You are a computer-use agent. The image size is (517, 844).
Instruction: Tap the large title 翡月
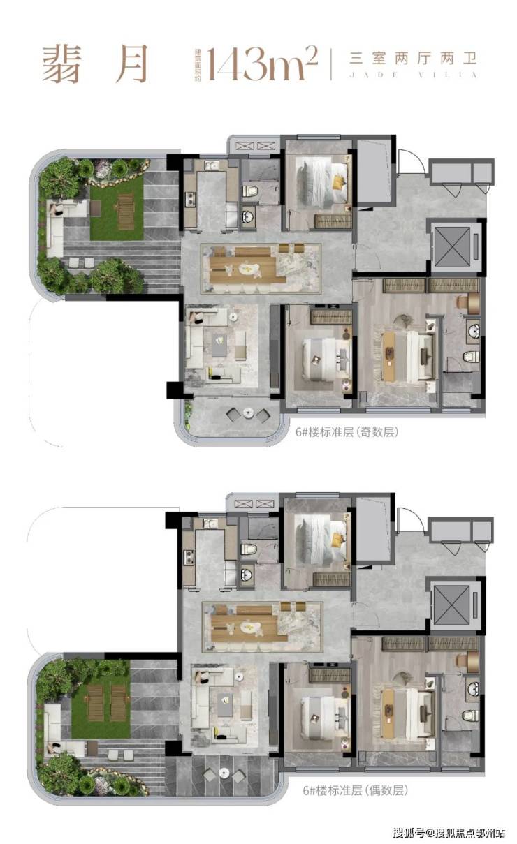pyautogui.click(x=95, y=64)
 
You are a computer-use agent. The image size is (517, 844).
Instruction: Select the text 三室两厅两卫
pyautogui.click(x=414, y=59)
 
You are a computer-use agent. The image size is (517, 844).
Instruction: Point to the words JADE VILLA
pyautogui.click(x=414, y=75)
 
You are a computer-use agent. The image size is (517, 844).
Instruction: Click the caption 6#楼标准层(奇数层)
pyautogui.click(x=347, y=432)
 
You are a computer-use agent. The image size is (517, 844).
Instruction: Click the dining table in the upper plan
pyautogui.click(x=247, y=269)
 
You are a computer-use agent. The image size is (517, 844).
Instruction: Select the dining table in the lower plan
pyautogui.click(x=249, y=628)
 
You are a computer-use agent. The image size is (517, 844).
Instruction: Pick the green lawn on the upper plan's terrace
pyautogui.click(x=117, y=208)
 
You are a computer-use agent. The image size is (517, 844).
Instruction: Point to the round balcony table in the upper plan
pyautogui.click(x=248, y=413)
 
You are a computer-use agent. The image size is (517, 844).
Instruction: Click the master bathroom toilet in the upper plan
pyautogui.click(x=471, y=357)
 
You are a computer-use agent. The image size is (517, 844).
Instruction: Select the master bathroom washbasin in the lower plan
pyautogui.click(x=473, y=689)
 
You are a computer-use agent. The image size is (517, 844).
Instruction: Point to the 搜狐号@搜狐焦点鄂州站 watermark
pyautogui.click(x=449, y=831)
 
